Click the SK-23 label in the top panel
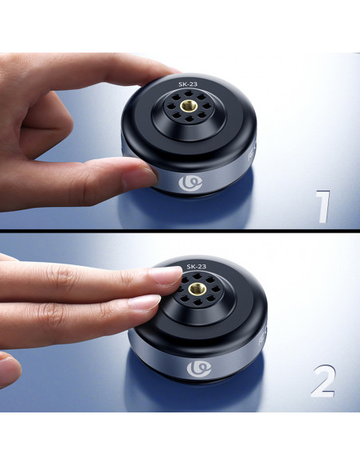[x=188, y=84]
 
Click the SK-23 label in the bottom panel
[x=196, y=267]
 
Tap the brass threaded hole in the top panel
[x=187, y=106]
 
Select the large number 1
[x=323, y=207]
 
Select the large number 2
[x=323, y=381]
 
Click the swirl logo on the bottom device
[x=199, y=369]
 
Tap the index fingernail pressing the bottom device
[x=165, y=275]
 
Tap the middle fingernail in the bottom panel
[x=144, y=303]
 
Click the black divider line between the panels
[x=180, y=231]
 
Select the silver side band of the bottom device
[x=196, y=361]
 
